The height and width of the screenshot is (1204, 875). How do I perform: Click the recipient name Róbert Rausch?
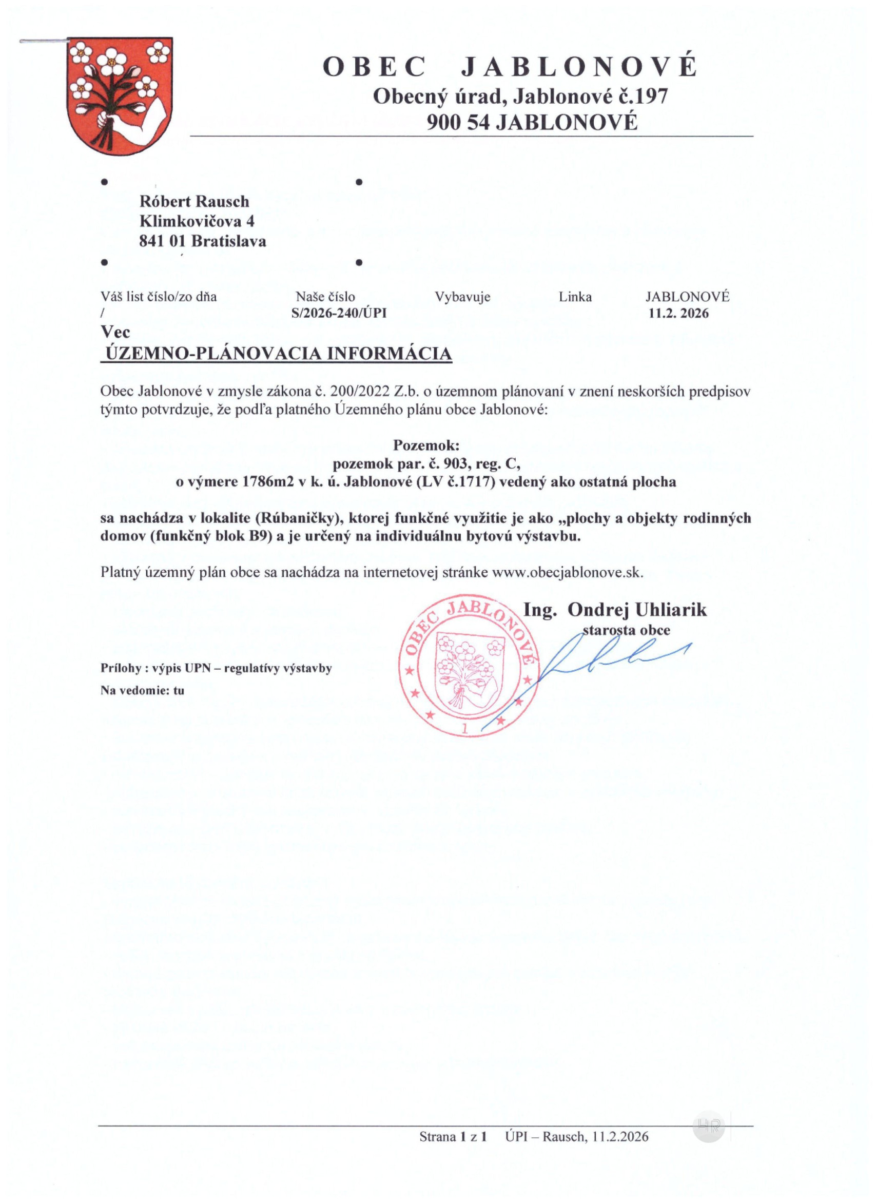tap(194, 202)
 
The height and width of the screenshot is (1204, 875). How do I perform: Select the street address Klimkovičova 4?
tap(197, 221)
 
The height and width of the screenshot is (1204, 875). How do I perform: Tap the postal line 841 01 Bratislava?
tap(202, 242)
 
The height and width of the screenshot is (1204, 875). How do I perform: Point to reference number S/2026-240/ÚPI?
tap(339, 313)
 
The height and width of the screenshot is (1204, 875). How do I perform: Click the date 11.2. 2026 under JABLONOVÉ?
tap(678, 313)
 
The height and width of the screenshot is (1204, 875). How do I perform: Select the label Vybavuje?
tap(462, 297)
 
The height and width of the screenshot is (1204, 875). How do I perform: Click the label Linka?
tap(575, 297)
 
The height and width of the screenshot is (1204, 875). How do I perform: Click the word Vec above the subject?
tap(115, 333)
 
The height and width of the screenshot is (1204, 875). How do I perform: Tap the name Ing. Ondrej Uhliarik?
tap(615, 610)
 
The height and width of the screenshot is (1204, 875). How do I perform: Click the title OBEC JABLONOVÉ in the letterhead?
tap(509, 67)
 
